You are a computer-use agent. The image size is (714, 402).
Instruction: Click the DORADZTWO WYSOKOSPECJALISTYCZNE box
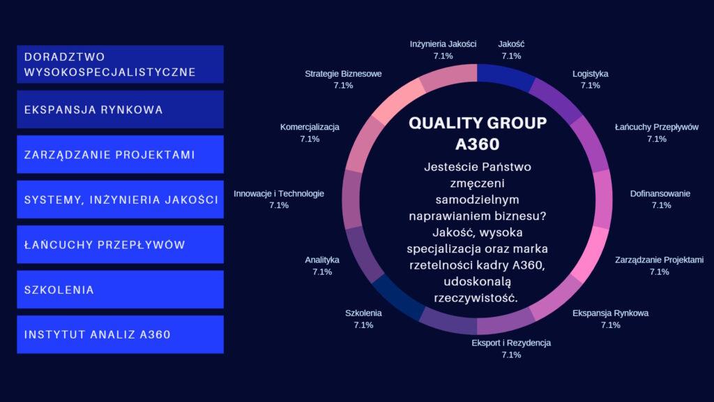[x=120, y=64]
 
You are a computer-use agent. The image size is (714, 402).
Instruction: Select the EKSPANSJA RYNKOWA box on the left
[x=120, y=110]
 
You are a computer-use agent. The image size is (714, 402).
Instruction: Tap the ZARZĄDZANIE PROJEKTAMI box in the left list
[x=120, y=154]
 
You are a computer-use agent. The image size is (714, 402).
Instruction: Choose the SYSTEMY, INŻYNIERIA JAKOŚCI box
[x=120, y=199]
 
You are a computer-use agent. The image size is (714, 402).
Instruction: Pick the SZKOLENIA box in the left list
[x=120, y=290]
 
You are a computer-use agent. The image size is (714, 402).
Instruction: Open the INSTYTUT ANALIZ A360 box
[x=120, y=334]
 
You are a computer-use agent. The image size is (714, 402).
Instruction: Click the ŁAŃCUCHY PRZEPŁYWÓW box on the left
[x=120, y=244]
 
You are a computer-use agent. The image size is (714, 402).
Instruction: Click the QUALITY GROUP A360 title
[x=477, y=133]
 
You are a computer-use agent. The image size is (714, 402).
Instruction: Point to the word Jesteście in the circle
[x=448, y=167]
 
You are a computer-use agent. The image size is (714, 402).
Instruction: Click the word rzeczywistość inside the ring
[x=476, y=298]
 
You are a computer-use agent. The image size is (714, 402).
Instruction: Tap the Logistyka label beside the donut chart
[x=590, y=74]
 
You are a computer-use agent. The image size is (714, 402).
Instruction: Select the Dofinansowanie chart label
[x=660, y=194]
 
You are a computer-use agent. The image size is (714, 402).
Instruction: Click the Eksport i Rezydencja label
[x=511, y=343]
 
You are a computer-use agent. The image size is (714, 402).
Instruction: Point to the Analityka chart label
[x=322, y=260]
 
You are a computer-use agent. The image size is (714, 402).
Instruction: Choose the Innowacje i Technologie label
[x=279, y=194]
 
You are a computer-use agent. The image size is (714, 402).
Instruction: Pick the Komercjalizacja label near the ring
[x=310, y=127]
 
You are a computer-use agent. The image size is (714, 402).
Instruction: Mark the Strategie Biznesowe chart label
[x=343, y=74]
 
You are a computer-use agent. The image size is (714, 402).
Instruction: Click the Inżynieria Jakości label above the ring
[x=443, y=44]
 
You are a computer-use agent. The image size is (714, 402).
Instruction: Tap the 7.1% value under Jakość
[x=511, y=56]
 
